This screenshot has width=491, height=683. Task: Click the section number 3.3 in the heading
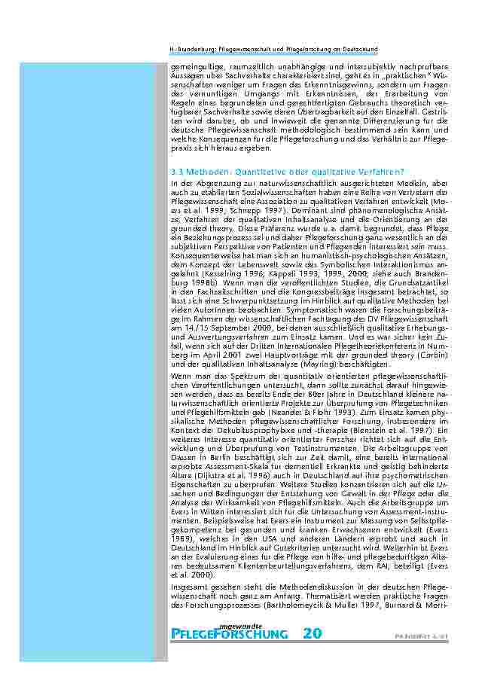[177, 171]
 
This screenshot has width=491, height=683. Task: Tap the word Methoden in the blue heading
[206, 171]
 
